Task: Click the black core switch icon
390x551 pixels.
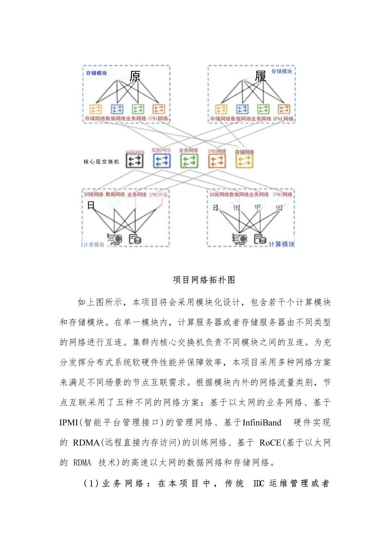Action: pyautogui.click(x=134, y=161)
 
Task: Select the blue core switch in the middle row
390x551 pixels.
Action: pyautogui.click(x=162, y=161)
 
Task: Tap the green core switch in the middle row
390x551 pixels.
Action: pyautogui.click(x=189, y=161)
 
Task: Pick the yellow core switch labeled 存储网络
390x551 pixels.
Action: pyautogui.click(x=244, y=161)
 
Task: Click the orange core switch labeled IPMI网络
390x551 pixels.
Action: pyautogui.click(x=217, y=161)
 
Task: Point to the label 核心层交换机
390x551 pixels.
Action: pyautogui.click(x=101, y=162)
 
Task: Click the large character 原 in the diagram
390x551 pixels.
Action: pyautogui.click(x=135, y=76)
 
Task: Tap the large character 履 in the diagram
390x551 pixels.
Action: pyautogui.click(x=260, y=76)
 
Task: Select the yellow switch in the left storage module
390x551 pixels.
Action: pyautogui.click(x=96, y=109)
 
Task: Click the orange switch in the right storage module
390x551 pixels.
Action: pyautogui.click(x=284, y=109)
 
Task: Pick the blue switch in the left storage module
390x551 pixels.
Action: pyautogui.click(x=117, y=109)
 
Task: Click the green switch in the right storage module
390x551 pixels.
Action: pyautogui.click(x=263, y=109)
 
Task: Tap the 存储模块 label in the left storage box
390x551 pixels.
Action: pyautogui.click(x=96, y=73)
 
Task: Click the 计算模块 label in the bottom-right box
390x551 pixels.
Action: pyautogui.click(x=281, y=244)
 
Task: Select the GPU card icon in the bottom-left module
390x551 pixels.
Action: pyautogui.click(x=115, y=239)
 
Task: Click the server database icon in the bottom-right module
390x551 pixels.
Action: pyautogui.click(x=260, y=239)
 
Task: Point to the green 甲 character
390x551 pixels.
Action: pyautogui.click(x=257, y=207)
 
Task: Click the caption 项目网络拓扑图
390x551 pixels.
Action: pyautogui.click(x=204, y=280)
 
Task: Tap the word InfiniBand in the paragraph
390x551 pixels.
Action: pyautogui.click(x=262, y=423)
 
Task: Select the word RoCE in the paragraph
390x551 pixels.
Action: pyautogui.click(x=270, y=443)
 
